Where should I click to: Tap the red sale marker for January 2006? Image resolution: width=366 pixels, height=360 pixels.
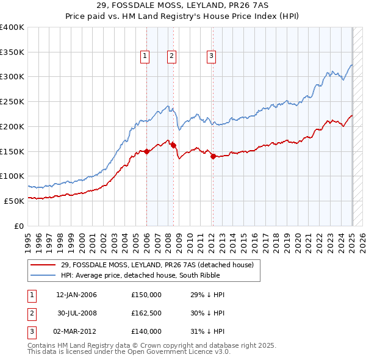pyautogui.click(x=147, y=152)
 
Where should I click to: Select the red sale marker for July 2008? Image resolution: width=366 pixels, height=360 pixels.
pyautogui.click(x=174, y=145)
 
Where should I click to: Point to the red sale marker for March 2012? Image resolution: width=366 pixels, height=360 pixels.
pyautogui.click(x=213, y=156)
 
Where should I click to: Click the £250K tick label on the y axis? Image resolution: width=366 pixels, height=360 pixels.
pyautogui.click(x=12, y=102)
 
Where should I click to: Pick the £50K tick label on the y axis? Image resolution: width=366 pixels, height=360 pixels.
pyautogui.click(x=14, y=201)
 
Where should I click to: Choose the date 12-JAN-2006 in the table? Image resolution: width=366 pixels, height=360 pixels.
pyautogui.click(x=76, y=295)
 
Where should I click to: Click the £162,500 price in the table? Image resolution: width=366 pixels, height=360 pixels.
pyautogui.click(x=146, y=313)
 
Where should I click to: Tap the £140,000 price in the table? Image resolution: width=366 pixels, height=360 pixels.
pyautogui.click(x=146, y=331)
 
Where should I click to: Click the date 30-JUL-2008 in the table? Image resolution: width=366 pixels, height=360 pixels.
pyautogui.click(x=76, y=313)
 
